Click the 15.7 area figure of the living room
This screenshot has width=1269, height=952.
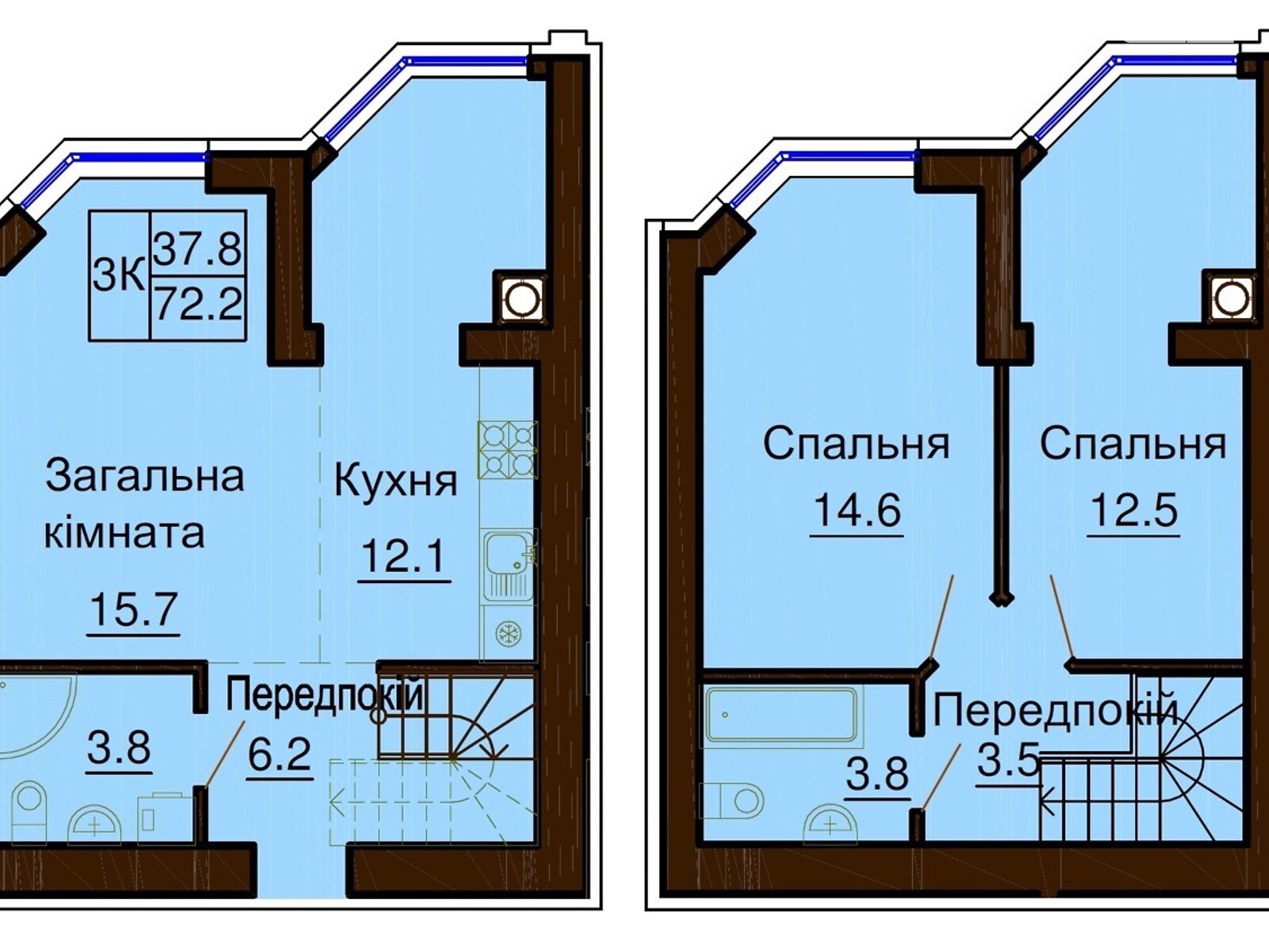133,610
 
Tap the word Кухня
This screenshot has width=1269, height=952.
396,482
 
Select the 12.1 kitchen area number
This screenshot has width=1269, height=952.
404,555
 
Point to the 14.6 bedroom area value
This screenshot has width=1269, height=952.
857,510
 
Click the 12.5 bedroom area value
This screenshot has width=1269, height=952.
1133,511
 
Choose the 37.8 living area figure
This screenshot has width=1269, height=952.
197,248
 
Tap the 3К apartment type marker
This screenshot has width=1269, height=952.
118,276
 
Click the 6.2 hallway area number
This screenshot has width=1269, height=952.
280,754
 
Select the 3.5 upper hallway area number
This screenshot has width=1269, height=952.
1008,762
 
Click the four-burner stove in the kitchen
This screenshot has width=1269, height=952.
507,451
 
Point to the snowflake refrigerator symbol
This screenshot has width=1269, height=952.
508,633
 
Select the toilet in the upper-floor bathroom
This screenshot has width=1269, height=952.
731,800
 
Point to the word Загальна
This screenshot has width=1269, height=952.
144,476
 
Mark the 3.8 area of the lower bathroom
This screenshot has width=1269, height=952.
119,747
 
